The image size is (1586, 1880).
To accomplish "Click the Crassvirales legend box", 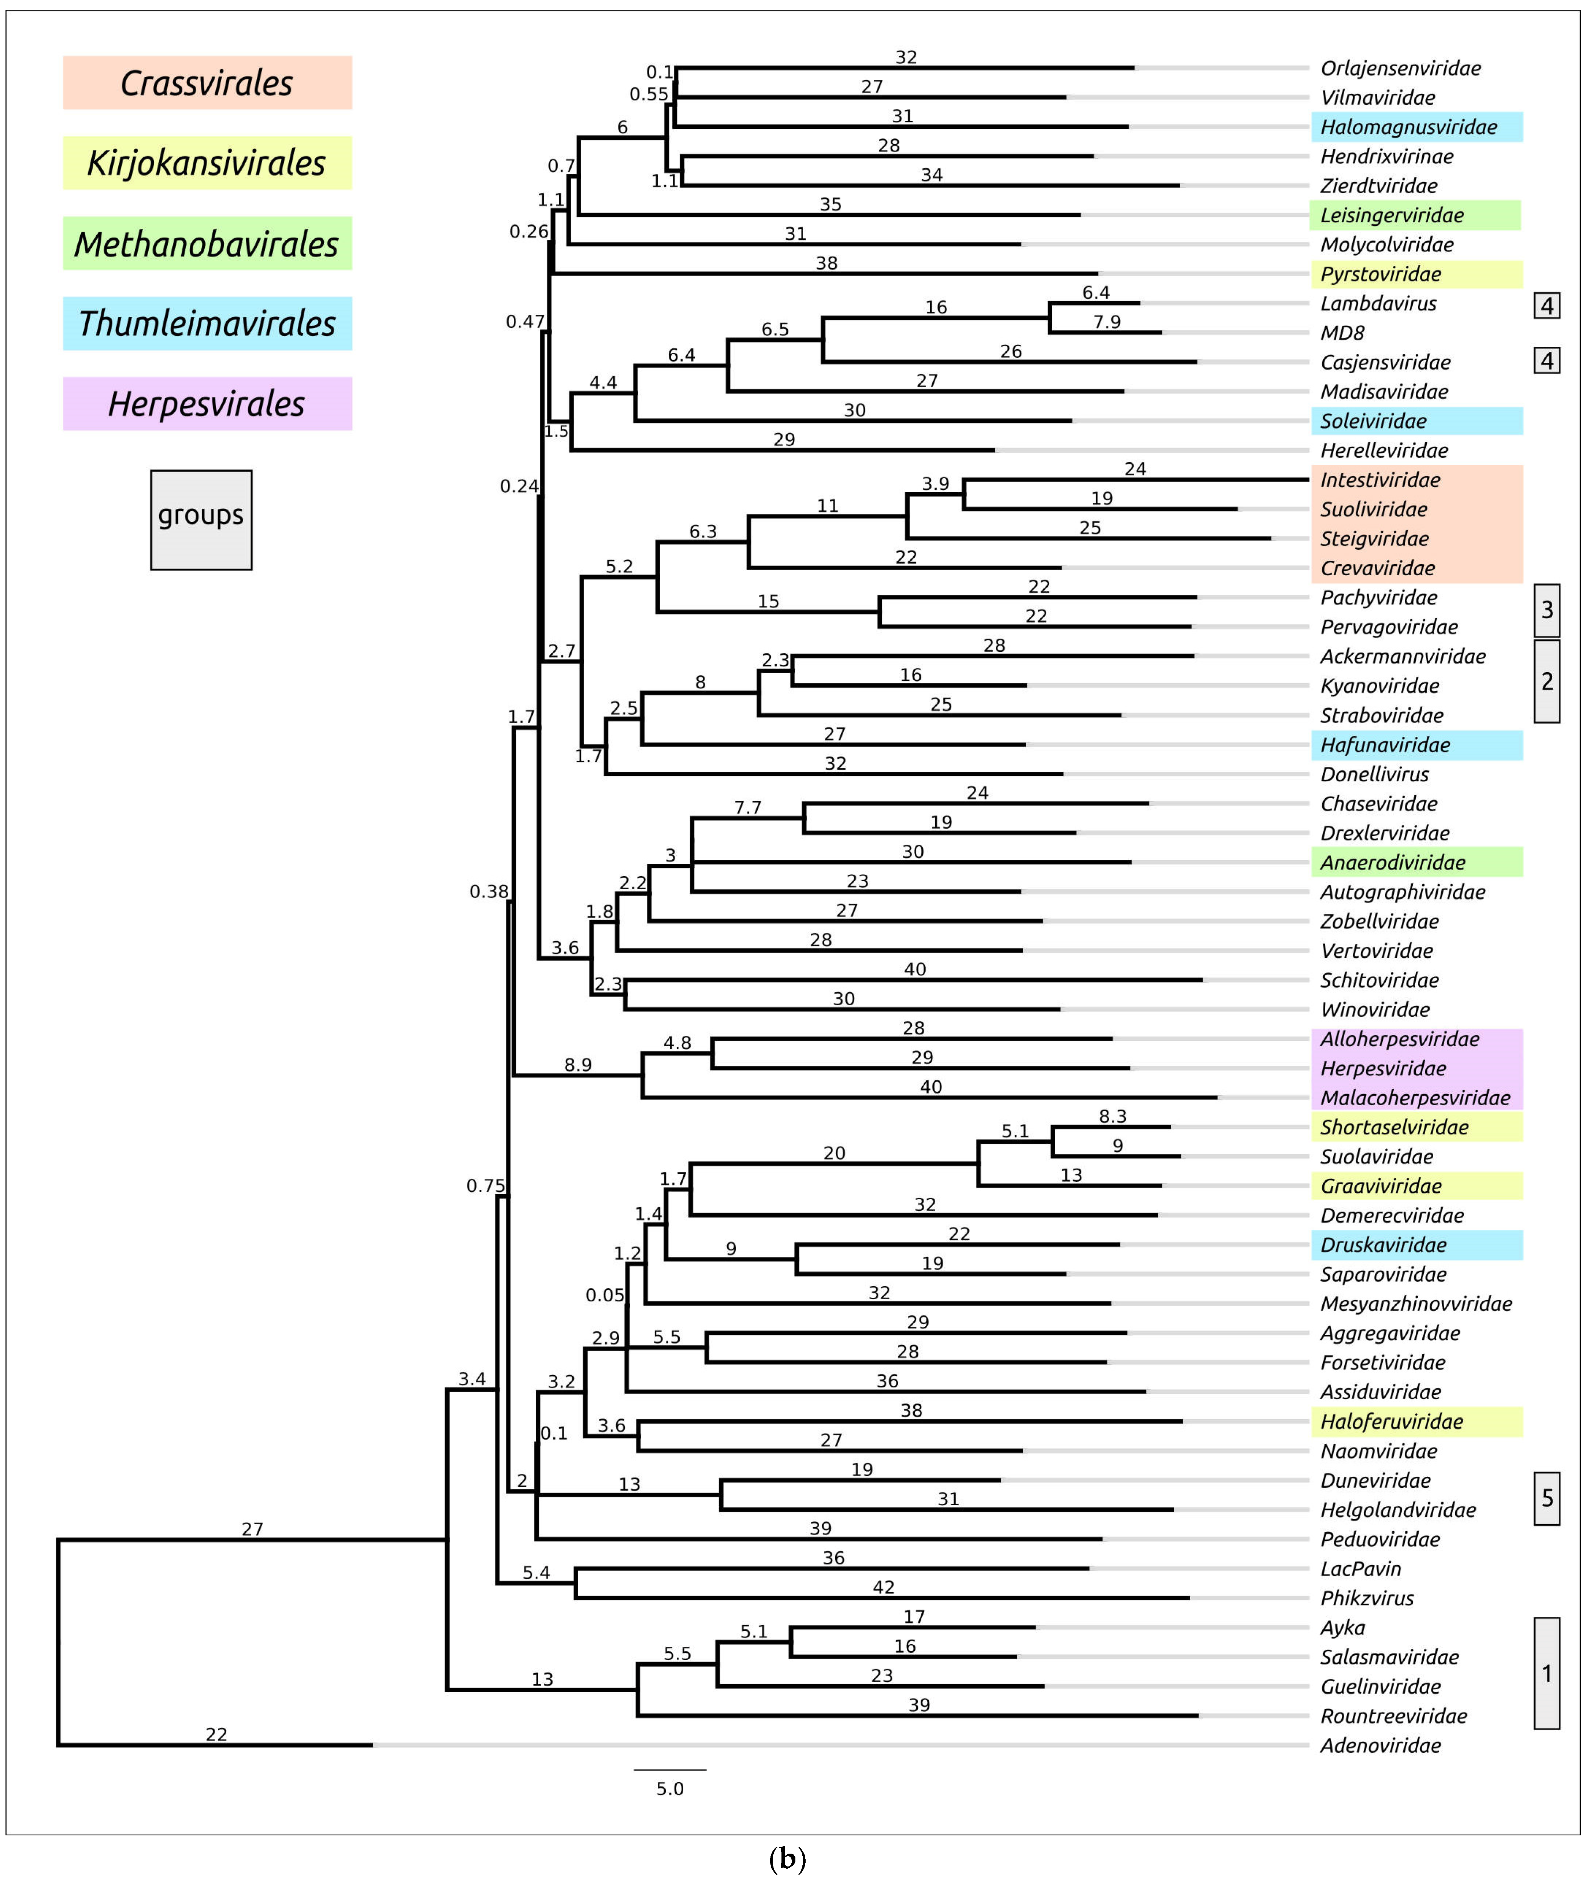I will (207, 83).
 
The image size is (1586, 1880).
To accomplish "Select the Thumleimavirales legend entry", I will (207, 324).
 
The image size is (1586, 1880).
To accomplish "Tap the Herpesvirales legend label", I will (207, 404).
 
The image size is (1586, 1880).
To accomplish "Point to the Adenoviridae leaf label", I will (1380, 1745).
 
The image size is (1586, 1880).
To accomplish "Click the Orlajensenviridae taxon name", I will (1400, 68).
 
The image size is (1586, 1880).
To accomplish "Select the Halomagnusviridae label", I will (1408, 127).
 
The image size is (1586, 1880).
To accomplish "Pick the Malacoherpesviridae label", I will (1414, 1097).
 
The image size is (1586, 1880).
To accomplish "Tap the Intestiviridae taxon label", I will (1380, 480).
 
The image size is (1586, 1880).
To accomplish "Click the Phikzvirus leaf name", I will (1367, 1598).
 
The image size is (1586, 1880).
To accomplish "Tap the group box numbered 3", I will (1546, 610).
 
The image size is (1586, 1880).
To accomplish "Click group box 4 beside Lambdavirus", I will (1546, 306).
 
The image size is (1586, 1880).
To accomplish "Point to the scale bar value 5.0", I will (670, 1789).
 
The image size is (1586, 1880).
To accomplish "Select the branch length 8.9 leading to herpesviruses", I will (578, 1065).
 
